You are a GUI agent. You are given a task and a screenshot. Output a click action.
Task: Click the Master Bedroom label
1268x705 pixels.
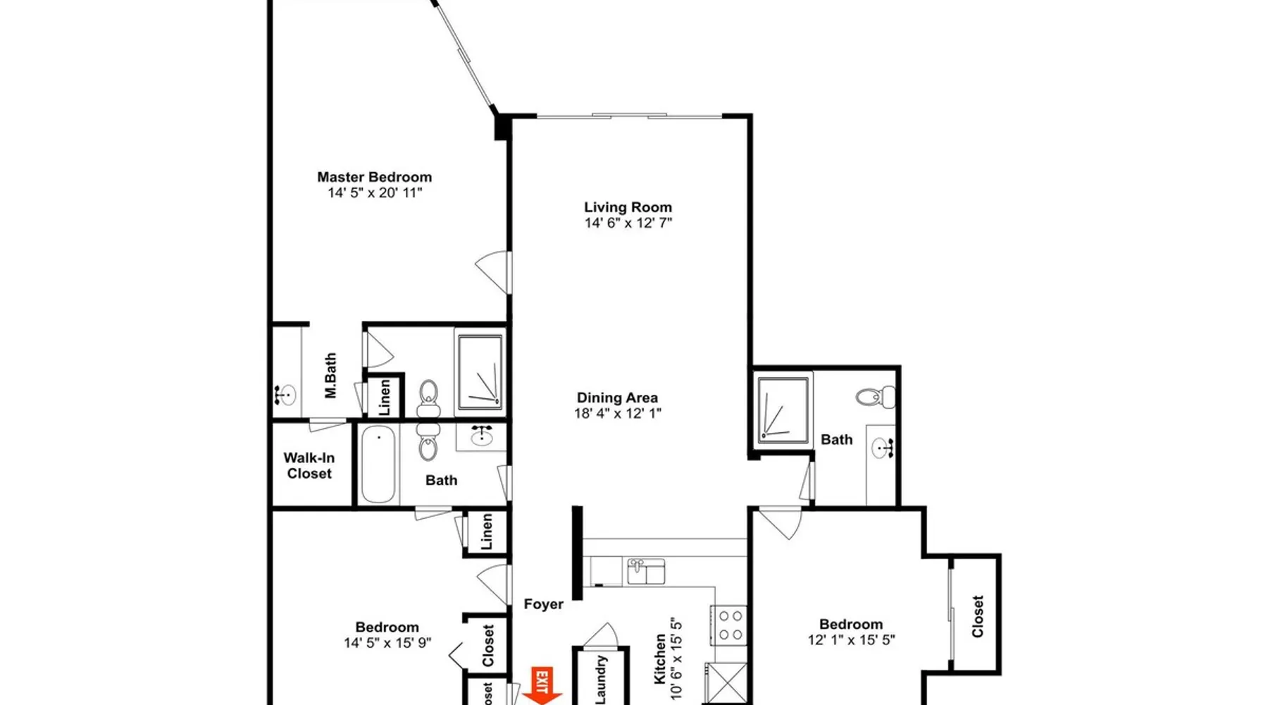point(374,177)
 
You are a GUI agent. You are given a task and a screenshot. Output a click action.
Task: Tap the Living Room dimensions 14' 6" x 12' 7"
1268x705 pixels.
point(628,223)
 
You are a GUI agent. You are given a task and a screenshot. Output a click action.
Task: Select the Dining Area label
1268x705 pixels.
point(617,398)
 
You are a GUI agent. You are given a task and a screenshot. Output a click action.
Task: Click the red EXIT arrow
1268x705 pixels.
point(542,686)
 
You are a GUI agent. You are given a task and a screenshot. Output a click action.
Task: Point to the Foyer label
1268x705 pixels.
point(543,604)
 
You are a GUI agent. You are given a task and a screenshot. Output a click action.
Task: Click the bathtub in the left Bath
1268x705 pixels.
point(378,464)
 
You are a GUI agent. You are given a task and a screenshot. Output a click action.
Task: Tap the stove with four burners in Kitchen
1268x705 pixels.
point(729,625)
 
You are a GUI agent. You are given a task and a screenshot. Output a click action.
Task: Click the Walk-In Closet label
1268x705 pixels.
point(309,465)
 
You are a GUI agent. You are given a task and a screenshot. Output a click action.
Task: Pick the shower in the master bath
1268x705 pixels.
point(480,372)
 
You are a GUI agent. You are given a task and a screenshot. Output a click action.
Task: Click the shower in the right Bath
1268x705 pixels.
point(783,410)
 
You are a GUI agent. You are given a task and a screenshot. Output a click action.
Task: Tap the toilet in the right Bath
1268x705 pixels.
point(876,397)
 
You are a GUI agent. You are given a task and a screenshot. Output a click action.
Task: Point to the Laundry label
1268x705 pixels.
point(601,680)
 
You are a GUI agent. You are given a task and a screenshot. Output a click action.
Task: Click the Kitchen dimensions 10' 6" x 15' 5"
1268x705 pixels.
point(677,658)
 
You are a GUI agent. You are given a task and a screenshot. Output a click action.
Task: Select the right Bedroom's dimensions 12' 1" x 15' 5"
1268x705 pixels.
point(851,640)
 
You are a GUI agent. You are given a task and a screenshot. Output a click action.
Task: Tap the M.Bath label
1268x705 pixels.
point(330,376)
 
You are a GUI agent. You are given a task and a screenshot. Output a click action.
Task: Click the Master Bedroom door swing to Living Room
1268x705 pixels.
point(492,272)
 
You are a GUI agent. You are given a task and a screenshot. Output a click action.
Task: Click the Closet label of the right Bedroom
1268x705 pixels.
point(978,617)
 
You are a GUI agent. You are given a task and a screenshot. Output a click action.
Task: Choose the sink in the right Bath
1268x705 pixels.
point(881,448)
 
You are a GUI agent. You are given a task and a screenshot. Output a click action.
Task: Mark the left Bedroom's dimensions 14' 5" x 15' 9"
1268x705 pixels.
point(387,643)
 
